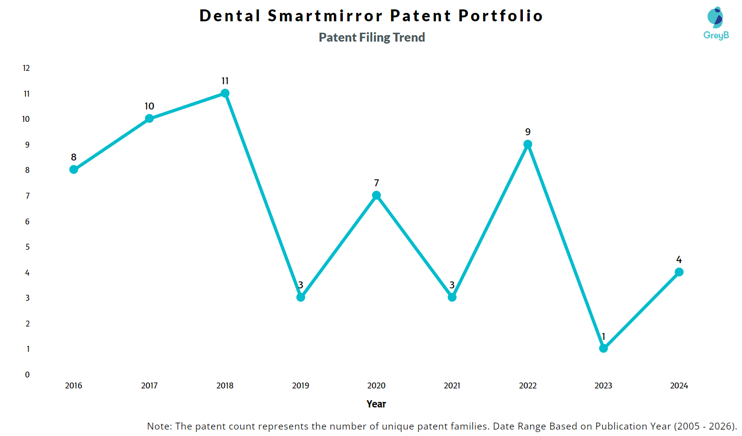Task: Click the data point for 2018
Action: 225,93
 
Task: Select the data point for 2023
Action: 603,348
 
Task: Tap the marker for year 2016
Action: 74,169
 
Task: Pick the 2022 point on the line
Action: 528,144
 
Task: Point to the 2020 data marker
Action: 376,195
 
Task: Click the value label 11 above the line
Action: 225,81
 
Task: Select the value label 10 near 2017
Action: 149,106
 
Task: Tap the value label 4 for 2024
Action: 679,260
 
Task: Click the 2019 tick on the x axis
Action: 301,385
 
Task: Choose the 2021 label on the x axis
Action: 452,385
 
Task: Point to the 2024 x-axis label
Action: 679,385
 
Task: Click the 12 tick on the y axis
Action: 26,68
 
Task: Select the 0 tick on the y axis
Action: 27,375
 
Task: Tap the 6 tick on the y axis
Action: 27,221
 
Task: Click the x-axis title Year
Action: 376,404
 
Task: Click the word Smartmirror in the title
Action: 325,16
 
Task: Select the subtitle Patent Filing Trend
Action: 372,37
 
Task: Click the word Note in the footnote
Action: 158,426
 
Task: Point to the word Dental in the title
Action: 230,16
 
